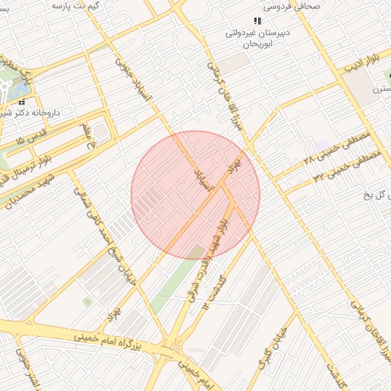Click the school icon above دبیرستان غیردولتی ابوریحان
tap(257, 21)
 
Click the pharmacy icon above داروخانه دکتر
tap(22, 102)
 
